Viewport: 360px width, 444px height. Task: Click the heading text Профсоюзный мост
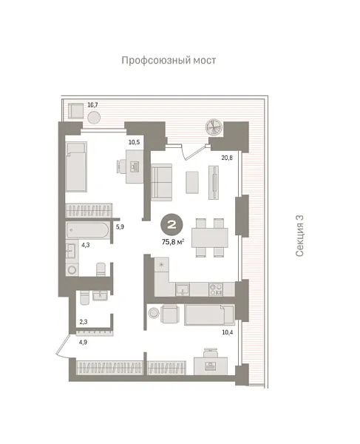[169, 60]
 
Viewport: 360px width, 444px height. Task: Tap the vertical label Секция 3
[299, 236]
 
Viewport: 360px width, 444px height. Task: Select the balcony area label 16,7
[93, 106]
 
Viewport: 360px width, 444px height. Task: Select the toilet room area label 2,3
[84, 322]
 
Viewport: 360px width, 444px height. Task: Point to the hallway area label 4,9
[84, 342]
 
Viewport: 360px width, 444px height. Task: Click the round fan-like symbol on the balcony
[215, 127]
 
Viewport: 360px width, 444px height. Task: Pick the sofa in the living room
[162, 182]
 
